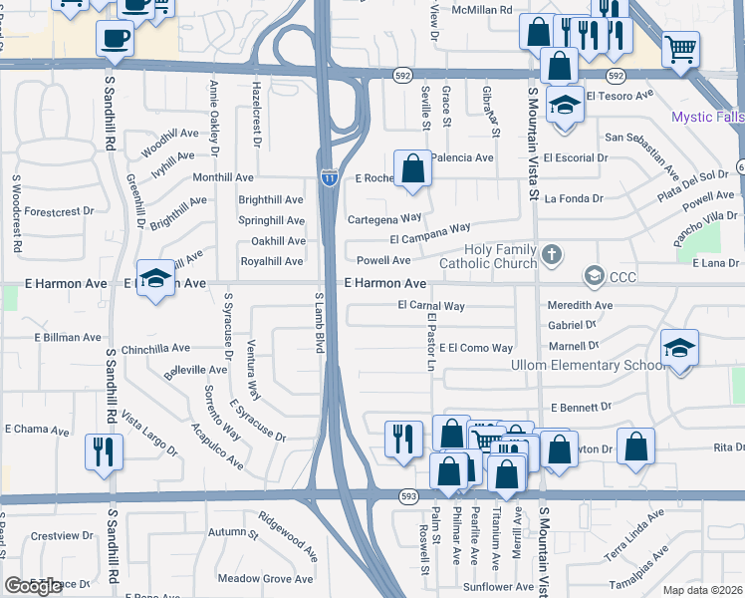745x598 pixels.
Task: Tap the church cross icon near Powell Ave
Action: [x=550, y=256]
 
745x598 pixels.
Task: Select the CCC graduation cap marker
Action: [x=595, y=274]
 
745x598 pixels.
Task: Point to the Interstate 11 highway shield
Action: [x=328, y=175]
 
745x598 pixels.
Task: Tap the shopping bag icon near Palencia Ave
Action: [x=412, y=168]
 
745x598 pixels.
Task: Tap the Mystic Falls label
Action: [x=707, y=117]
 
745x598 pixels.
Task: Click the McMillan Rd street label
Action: [x=482, y=9]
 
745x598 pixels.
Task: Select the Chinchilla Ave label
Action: [x=155, y=349]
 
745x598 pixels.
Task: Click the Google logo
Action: [x=34, y=586]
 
